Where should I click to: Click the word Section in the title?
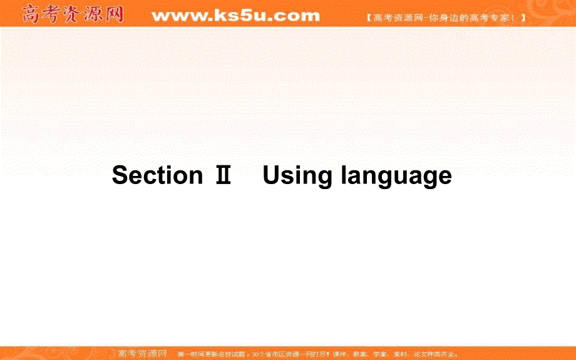point(157,175)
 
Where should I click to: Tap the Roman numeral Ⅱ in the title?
point(223,175)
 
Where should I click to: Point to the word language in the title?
point(396,177)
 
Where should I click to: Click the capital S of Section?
point(120,175)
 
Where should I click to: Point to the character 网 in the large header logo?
point(114,14)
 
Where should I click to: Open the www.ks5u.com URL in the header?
point(235,16)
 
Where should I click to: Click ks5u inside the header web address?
point(241,16)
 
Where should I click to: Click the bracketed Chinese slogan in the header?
point(445,18)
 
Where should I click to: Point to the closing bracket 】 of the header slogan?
point(522,18)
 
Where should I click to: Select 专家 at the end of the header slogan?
point(504,18)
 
